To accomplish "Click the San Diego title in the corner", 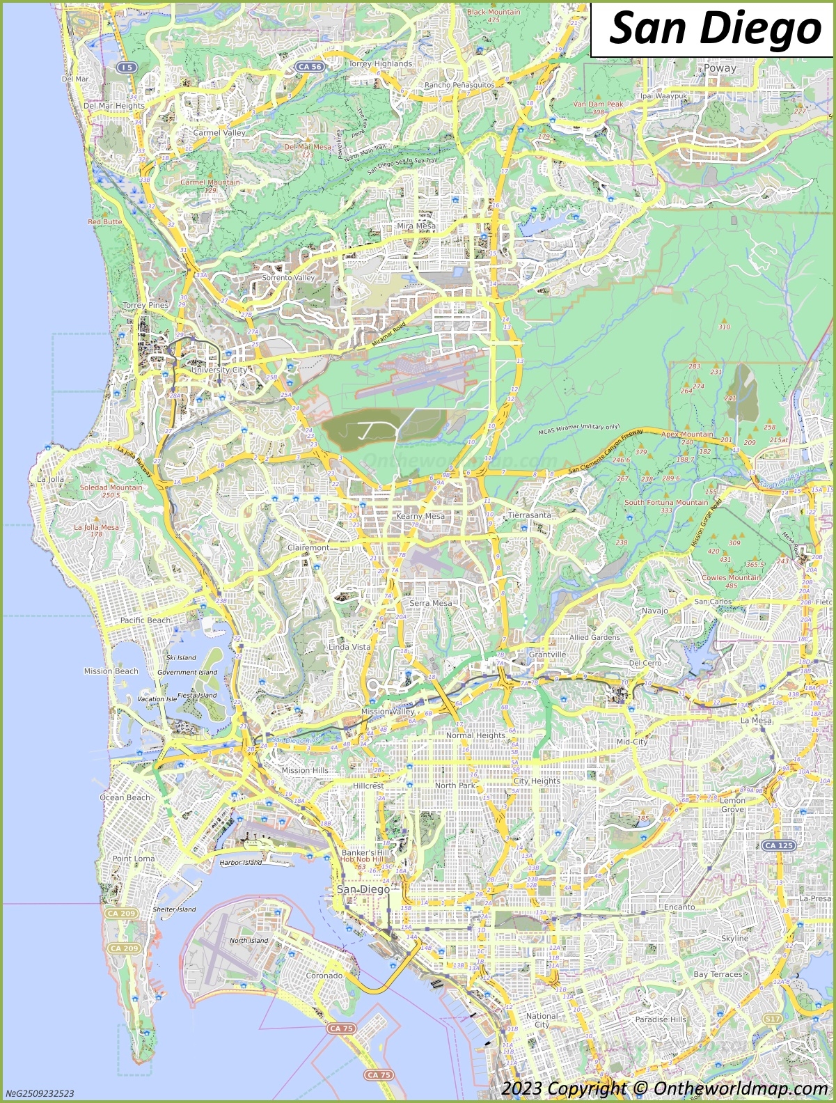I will coord(714,29).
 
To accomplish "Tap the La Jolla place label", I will coord(51,479).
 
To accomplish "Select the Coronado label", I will coord(324,976).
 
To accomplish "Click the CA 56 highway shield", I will coord(309,67).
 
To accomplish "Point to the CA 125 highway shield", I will coord(779,845).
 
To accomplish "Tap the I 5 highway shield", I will coord(127,67).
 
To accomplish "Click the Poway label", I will coord(720,68).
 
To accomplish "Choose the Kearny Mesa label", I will coord(420,516).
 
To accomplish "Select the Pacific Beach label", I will coord(145,620).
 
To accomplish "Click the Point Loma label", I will coord(134,859).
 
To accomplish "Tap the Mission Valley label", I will coord(388,712).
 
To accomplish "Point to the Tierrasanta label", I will coord(529,515).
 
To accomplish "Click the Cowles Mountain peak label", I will coord(731,577).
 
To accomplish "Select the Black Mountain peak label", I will coord(494,12).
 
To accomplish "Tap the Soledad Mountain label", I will coord(111,487).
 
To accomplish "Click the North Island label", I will coord(249,940).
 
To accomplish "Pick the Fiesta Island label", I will coord(197,695).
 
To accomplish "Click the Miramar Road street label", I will coord(388,335).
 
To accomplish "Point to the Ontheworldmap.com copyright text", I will coord(664,1088).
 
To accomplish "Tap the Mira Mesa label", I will coord(416,226).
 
